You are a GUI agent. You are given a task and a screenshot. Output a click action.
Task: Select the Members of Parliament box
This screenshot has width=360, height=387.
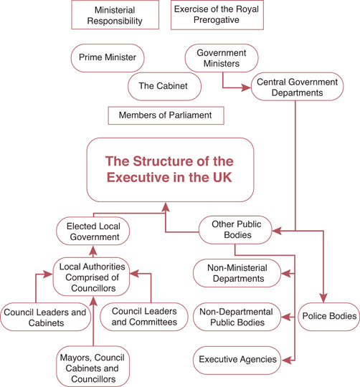coord(165,115)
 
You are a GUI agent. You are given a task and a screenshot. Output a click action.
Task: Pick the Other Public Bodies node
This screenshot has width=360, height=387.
coord(235,229)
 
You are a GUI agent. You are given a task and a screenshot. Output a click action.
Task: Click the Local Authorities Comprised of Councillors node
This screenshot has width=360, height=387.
coord(95,278)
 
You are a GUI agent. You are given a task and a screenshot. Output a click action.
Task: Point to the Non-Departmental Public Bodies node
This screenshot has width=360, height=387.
coord(240,316)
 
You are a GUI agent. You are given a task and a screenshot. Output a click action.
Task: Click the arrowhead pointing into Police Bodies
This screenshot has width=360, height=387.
coord(323,299)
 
